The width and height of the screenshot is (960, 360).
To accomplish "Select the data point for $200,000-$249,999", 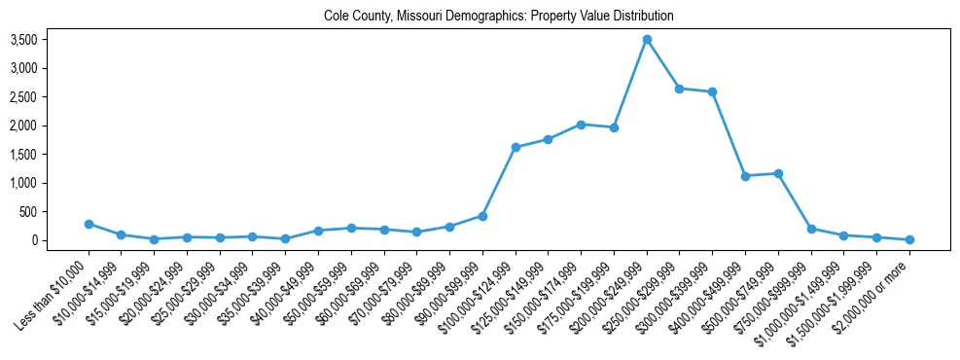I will (647, 39).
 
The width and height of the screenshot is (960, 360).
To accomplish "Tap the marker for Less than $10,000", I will (89, 224).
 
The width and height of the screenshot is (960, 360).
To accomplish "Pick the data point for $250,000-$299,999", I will (680, 89).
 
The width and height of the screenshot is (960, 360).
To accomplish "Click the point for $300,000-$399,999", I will (713, 92).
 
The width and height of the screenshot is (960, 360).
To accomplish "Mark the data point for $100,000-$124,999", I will (516, 148).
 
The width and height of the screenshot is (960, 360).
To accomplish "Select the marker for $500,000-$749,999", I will (778, 173).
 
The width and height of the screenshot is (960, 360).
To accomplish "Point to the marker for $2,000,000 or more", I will (909, 239).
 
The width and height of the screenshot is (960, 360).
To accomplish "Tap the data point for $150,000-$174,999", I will (581, 125).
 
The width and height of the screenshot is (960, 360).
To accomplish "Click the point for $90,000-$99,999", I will (482, 216).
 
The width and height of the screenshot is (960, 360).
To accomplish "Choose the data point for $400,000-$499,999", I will (745, 176).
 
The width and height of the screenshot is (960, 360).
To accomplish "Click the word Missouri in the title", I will (422, 17).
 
